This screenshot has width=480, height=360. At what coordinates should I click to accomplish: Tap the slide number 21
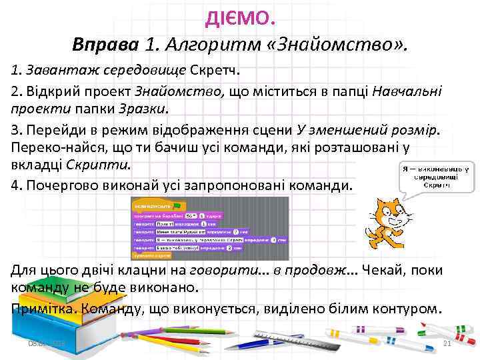(x=447, y=343)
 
